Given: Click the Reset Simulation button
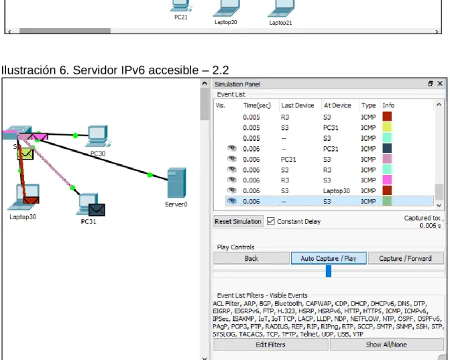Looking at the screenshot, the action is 238,221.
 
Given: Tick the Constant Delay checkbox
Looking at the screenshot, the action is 270,221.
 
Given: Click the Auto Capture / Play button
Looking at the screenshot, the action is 329,258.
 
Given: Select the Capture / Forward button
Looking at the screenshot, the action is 405,258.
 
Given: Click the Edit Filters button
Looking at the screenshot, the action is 271,344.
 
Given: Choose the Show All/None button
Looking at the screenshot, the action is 386,344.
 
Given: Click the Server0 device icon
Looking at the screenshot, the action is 176,183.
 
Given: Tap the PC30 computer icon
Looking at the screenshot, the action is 98,136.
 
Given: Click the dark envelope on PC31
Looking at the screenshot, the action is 97,210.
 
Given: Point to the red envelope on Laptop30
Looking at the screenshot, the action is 31,200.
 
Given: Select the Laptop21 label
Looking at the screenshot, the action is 280,23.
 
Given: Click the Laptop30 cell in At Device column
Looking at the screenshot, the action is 336,191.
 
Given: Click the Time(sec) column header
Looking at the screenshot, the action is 257,105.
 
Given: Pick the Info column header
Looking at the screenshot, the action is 388,105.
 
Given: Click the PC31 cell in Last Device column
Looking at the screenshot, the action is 288,159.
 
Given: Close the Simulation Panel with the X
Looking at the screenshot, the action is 440,84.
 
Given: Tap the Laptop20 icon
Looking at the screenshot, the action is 226,8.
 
